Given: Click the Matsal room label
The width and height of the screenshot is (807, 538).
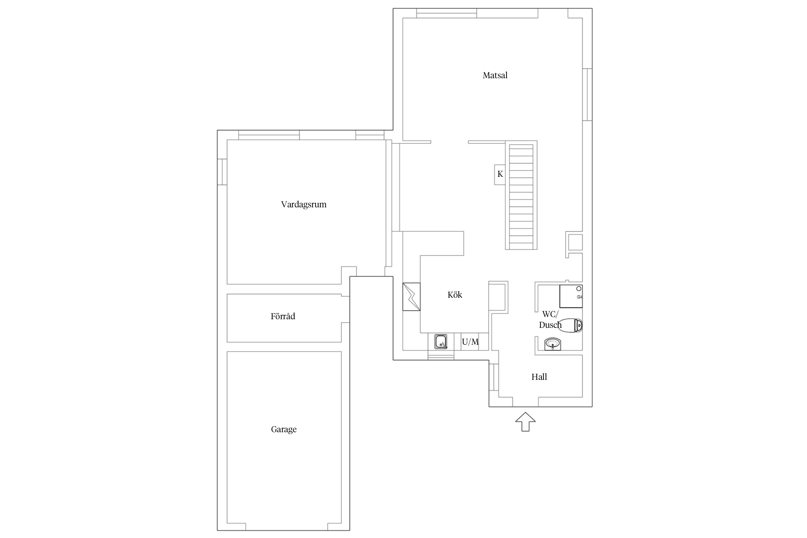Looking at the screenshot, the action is click(x=495, y=75).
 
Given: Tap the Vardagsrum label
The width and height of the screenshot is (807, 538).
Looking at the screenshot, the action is click(x=304, y=205).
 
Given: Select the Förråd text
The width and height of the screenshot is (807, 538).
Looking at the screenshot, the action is click(x=283, y=316).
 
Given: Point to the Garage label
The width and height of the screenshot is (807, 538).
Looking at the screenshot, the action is click(x=284, y=429).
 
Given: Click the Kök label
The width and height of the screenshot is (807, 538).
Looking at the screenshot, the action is click(x=455, y=295).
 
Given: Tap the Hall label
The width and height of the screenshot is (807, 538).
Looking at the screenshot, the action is click(x=539, y=377).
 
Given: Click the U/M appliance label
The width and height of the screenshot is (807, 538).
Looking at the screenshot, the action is click(x=470, y=342).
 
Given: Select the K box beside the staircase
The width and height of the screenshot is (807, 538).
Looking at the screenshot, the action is click(x=500, y=175).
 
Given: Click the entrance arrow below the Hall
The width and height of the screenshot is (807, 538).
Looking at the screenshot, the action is click(x=525, y=422).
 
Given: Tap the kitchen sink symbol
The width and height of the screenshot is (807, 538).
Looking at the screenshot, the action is click(x=441, y=341).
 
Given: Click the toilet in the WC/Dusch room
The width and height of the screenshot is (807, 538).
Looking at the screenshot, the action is click(x=571, y=325).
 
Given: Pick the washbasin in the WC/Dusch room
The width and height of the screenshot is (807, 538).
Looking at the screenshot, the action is click(x=553, y=344).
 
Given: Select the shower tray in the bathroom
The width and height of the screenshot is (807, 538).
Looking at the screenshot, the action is click(x=571, y=296).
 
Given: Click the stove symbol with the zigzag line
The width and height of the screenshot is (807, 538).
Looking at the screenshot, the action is click(x=411, y=297).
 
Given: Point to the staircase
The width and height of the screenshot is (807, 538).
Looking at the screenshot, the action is click(x=521, y=195).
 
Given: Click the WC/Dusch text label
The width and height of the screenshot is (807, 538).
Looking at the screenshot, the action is click(x=550, y=320).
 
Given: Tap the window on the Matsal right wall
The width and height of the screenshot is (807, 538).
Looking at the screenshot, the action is click(x=587, y=94).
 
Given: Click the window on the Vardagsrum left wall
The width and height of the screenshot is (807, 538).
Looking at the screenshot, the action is click(x=222, y=172).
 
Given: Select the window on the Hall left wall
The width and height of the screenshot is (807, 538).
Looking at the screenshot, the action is click(x=494, y=377).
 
